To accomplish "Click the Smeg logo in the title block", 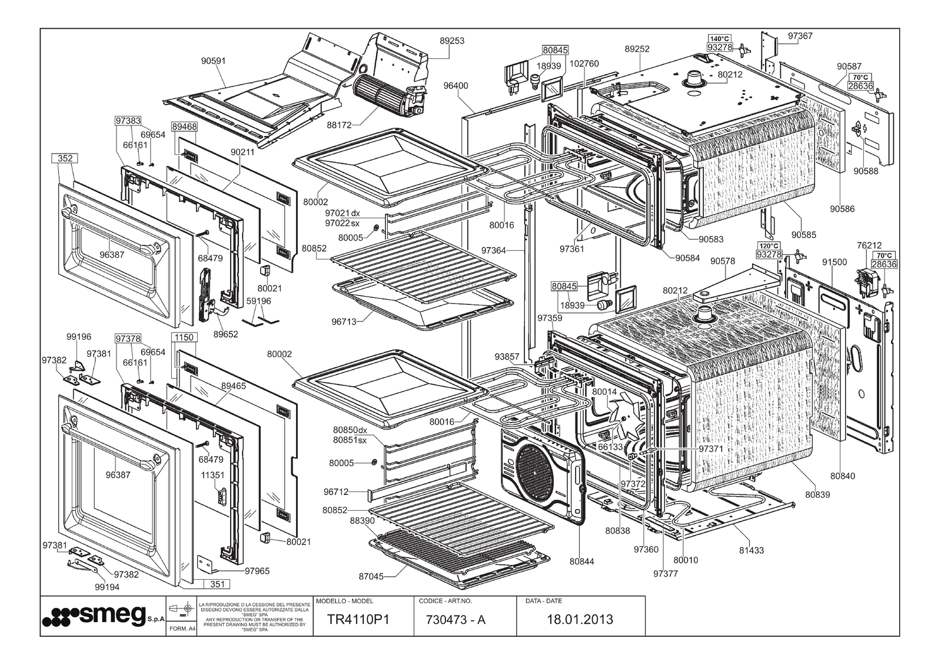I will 94,616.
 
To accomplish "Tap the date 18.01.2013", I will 580,619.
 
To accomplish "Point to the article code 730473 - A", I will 455,619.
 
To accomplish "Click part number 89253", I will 452,41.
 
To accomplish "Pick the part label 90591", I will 213,61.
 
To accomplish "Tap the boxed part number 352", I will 65,158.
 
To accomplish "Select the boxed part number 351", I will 217,584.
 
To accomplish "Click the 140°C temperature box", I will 719,38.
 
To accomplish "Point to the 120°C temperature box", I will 769,245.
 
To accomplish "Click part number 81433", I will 752,550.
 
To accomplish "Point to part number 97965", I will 257,570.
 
